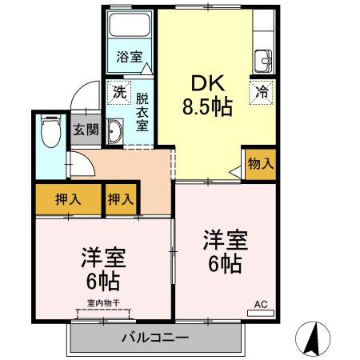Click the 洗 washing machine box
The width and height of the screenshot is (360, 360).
[118, 91]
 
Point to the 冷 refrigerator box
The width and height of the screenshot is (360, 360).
[261, 91]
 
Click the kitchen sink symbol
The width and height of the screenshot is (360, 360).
[265, 59]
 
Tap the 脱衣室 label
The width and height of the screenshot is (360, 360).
[142, 112]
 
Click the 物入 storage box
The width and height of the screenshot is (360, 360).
[261, 163]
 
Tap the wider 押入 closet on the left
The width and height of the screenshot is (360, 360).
[67, 199]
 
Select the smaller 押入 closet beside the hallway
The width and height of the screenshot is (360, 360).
[121, 199]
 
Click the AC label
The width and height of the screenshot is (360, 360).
[261, 304]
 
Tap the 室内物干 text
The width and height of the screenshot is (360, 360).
[103, 303]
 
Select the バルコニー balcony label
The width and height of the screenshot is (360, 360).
[154, 336]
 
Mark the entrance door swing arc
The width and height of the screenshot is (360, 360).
[82, 100]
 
